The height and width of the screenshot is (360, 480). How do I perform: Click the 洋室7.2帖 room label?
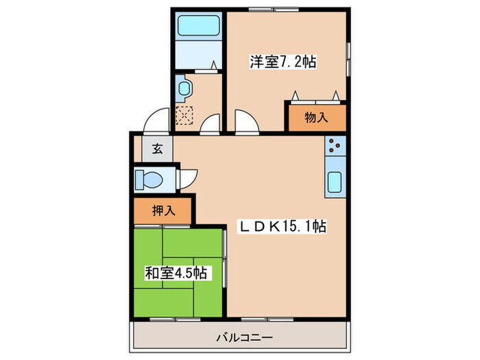click(282, 62)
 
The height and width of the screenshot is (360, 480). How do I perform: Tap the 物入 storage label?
click(315, 117)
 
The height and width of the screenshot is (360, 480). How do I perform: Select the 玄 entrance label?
click(158, 148)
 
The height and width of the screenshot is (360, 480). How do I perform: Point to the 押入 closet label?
click(163, 210)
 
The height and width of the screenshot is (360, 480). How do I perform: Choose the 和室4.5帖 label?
click(177, 273)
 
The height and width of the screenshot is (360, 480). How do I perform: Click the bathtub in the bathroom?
click(198, 27)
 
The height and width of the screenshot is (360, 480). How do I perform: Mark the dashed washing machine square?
click(185, 115)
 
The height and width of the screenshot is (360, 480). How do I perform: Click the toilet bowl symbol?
click(149, 180)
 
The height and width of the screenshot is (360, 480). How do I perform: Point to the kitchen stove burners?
click(335, 146)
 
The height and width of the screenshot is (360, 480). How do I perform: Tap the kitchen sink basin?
click(335, 183)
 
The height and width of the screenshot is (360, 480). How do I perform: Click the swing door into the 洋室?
click(245, 122)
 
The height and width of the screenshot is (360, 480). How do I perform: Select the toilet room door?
click(187, 178)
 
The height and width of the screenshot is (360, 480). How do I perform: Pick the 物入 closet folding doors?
click(315, 96)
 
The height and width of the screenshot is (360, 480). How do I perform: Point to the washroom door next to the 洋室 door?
click(211, 123)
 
